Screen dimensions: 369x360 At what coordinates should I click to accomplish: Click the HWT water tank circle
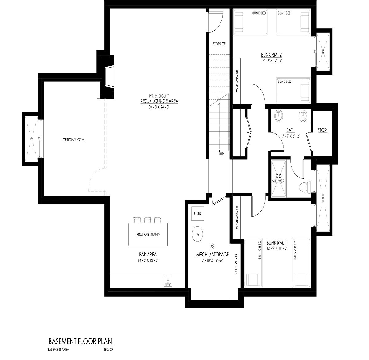point(197,234)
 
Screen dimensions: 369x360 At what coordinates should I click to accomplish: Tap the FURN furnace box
point(198,213)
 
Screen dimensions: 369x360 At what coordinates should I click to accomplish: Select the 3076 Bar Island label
point(148,235)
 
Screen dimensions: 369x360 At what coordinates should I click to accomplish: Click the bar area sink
point(168,281)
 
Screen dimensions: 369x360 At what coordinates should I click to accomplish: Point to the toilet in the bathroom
point(305,187)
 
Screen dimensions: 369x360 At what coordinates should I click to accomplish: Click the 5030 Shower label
point(278,178)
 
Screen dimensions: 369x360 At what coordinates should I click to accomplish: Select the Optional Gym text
point(73,140)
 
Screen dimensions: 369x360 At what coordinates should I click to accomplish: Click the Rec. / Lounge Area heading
point(159,101)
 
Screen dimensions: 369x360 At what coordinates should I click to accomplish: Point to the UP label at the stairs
point(222,154)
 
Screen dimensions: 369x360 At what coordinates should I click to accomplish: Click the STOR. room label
point(323,130)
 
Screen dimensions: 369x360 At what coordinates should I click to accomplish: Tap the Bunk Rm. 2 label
point(271,55)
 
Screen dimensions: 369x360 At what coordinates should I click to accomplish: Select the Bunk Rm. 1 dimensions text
point(277,248)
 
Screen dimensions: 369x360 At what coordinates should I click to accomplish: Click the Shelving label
point(236,264)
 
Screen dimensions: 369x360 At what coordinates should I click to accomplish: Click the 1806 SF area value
point(108,350)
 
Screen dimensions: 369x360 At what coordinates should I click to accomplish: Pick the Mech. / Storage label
point(212,255)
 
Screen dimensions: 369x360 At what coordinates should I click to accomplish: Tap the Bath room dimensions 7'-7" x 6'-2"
point(291,136)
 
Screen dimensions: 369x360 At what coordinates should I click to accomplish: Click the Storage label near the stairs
point(219,44)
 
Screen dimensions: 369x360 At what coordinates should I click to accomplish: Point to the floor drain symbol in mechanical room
point(212,246)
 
